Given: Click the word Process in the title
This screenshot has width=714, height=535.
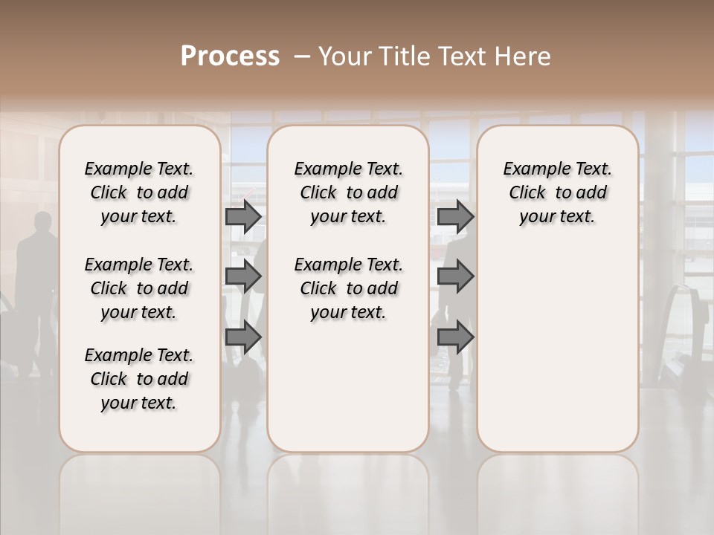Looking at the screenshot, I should tap(230, 56).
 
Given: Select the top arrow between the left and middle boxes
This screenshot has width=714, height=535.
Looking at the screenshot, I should tap(243, 216).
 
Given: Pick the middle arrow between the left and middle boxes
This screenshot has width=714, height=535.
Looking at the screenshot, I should tap(243, 277).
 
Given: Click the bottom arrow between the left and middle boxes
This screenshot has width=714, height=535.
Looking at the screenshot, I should tap(243, 337).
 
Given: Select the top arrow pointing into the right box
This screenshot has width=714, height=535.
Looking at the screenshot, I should tap(455, 216).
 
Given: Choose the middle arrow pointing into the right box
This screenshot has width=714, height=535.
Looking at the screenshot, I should tap(455, 277).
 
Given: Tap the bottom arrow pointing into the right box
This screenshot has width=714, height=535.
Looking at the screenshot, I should tap(455, 337).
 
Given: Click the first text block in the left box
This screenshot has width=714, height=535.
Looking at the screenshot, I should tap(139, 192).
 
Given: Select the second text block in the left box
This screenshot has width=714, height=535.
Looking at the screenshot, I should tap(139, 288).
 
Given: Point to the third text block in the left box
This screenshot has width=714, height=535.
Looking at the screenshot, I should tap(139, 379).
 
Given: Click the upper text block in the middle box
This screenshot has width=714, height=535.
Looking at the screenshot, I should tap(348, 192).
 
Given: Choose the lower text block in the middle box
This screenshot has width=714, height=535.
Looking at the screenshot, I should tap(348, 288).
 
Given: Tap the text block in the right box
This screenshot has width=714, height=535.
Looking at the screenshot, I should tap(557, 192).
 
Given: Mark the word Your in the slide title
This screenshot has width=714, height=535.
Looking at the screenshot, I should tap(341, 56).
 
